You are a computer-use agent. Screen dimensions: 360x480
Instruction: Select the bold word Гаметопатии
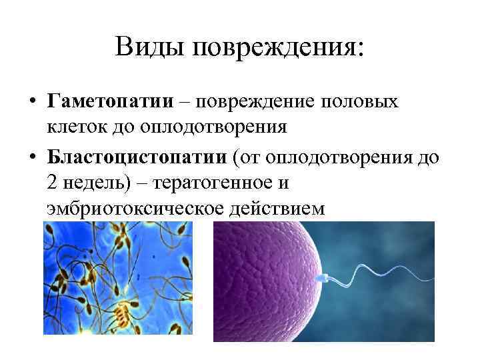110,102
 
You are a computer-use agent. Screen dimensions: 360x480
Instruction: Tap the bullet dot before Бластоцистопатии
31,158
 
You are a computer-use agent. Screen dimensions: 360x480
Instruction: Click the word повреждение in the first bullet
255,102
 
